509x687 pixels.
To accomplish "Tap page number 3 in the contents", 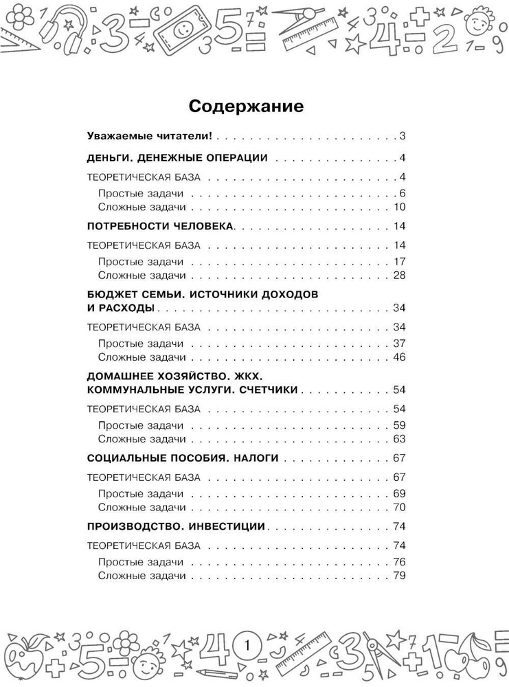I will (403, 135).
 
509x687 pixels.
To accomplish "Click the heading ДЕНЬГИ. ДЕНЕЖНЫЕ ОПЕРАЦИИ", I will (178, 156).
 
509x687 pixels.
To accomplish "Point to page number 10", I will (400, 207).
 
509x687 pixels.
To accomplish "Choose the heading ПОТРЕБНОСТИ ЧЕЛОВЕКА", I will (162, 226).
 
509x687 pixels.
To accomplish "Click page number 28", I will (400, 276).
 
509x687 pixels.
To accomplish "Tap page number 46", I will (400, 357).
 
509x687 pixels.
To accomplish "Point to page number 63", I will (400, 439).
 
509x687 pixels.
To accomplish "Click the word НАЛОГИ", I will (251, 458).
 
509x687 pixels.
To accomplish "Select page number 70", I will (400, 508).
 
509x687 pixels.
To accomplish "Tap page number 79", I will (400, 577).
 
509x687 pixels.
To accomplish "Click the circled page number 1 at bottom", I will (248, 646).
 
